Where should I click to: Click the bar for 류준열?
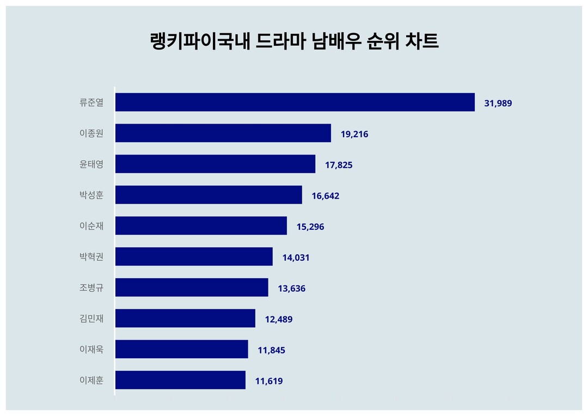(x=295, y=102)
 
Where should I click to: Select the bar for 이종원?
(x=223, y=133)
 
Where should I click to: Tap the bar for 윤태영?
(x=215, y=164)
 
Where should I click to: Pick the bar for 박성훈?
(x=209, y=195)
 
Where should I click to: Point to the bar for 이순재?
(x=201, y=226)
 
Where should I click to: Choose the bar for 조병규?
(x=192, y=287)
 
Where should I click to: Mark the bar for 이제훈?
(x=180, y=380)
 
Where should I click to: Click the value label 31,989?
(x=498, y=103)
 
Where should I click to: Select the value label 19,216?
(x=354, y=134)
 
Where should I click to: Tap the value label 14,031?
(x=296, y=258)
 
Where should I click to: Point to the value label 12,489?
(x=279, y=319)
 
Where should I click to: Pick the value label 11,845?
(x=271, y=350)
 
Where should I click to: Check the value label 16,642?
(x=326, y=195)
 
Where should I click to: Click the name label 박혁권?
(x=91, y=257)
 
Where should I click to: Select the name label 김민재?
(x=91, y=319)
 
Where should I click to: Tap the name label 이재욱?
(x=91, y=350)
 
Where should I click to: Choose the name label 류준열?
(x=91, y=102)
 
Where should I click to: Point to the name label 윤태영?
(x=91, y=164)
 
